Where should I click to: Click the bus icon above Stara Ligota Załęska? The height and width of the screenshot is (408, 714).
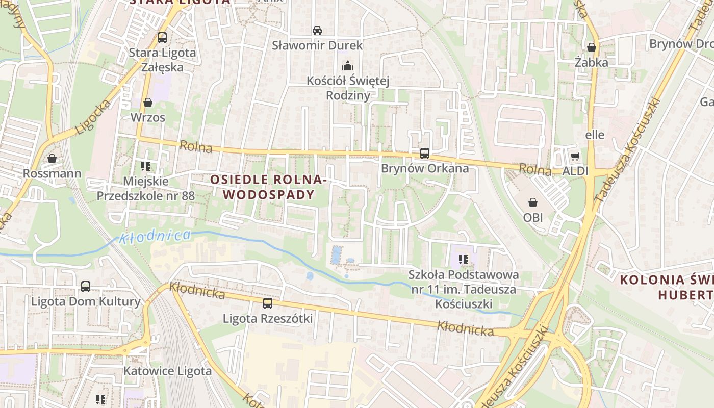162,37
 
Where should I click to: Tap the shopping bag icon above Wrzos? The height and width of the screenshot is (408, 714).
148,103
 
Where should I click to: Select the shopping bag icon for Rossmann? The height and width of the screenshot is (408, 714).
52,159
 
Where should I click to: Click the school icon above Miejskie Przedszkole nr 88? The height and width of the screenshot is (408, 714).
146,166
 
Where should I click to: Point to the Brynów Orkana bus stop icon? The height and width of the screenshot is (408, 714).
424,153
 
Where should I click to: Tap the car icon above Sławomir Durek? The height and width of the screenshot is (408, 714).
317,30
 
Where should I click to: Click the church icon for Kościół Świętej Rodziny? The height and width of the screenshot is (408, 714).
348,66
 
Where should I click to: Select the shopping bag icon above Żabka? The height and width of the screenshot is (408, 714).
592,47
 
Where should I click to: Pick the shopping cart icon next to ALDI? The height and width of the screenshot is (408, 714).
575,156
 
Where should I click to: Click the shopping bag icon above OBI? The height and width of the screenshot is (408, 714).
533,202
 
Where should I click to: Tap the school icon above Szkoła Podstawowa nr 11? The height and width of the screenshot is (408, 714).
463,259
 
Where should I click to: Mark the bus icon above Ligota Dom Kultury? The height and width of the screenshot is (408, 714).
86,287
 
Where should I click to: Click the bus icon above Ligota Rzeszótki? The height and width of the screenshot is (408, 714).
268,303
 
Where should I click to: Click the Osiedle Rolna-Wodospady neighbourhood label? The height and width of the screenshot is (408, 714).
268,187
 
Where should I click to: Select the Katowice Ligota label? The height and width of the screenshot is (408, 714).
167,371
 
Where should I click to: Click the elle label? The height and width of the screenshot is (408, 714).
595,135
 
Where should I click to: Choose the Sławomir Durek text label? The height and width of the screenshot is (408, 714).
317,45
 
